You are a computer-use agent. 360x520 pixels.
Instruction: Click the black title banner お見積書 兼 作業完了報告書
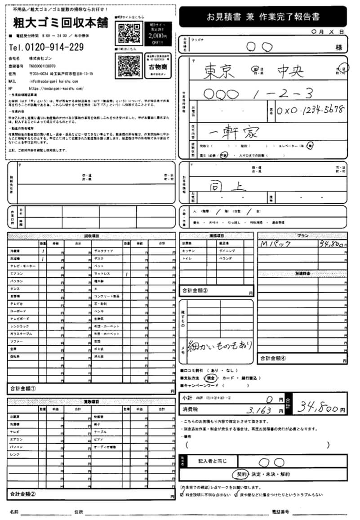263,17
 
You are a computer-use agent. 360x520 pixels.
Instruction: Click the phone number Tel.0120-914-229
46,47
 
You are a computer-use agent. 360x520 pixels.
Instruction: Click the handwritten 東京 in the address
220,71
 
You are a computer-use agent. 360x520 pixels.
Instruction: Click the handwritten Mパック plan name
276,244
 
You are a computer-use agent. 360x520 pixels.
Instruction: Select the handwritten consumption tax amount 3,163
259,410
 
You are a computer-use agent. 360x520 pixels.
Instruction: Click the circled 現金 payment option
210,378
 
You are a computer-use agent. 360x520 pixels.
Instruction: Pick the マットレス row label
102,273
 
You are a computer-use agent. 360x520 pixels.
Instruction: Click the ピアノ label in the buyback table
100,439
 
